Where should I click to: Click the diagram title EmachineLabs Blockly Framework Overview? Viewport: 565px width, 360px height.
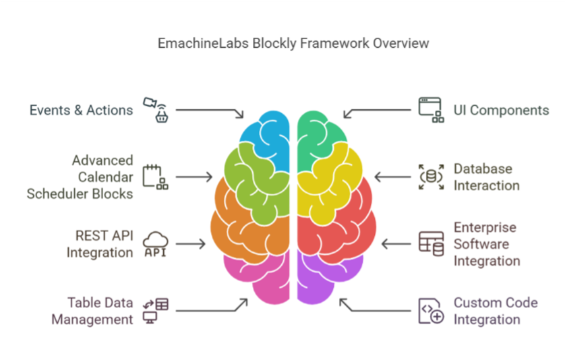pos(293,44)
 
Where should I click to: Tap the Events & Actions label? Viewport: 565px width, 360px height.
pos(81,111)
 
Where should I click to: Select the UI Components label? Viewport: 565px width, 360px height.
pos(501,111)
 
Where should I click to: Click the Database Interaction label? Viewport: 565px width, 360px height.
pos(486,177)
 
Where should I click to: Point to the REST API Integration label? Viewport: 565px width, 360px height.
pos(100,244)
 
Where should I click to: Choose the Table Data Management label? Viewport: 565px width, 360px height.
pos(92,311)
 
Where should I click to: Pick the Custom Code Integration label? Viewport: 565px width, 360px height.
pos(496,311)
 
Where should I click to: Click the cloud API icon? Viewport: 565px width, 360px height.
pos(156,244)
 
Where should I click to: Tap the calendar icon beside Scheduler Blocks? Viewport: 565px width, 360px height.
pos(156,177)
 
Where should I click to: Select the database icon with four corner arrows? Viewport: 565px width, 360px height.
pos(431,177)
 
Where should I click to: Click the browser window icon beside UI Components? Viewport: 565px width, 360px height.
pos(431,110)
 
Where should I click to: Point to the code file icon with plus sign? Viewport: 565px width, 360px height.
pos(431,311)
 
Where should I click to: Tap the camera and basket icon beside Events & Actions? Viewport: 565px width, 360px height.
pos(156,110)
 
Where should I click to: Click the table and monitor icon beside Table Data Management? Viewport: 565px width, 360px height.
pos(156,311)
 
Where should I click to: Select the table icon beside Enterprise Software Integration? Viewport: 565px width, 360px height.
pos(431,244)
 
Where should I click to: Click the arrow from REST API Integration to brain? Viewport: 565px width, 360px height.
pos(191,244)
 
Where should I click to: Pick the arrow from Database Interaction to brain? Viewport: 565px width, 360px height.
pos(393,177)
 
